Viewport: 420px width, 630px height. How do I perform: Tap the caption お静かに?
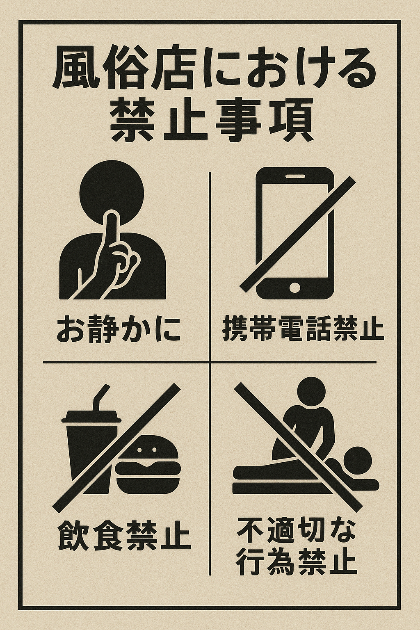point(119,329)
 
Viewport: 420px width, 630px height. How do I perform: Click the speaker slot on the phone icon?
point(295,176)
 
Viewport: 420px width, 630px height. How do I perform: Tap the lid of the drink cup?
point(91,419)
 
